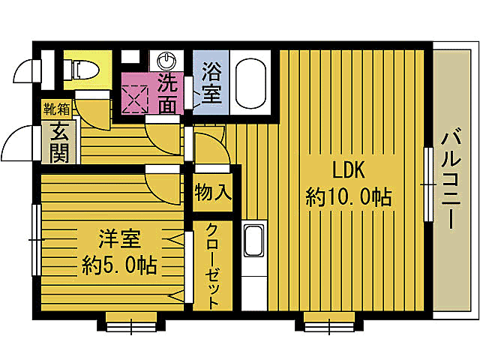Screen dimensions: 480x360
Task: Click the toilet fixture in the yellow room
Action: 81,69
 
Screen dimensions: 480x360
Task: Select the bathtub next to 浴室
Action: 250,83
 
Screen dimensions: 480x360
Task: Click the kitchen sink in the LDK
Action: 253,241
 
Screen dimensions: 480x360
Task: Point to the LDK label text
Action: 349,170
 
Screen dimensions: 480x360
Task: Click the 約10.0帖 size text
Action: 348,197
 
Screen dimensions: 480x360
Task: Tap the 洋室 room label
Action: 119,238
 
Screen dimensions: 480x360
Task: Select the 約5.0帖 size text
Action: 119,265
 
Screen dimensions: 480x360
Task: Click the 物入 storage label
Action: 212,192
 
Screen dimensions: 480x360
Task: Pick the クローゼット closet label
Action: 212,265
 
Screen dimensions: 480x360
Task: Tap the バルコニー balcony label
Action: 451,179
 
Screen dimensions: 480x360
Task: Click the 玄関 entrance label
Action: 60,142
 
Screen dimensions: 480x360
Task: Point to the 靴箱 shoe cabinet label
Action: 57,109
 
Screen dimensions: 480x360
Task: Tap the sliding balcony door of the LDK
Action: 428,184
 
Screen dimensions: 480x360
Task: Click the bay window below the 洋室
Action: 131,322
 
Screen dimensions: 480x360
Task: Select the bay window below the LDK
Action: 329,322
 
